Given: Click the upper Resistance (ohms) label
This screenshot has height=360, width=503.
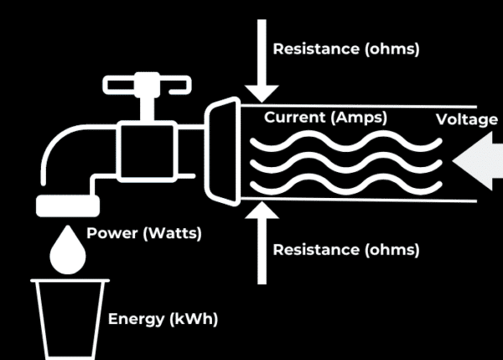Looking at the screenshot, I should click(x=345, y=49).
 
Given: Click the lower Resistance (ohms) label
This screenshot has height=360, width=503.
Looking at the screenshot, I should click(x=345, y=249).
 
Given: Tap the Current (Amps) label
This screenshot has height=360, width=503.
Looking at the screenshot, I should click(x=326, y=117).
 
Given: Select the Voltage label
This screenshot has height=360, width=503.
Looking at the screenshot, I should click(x=467, y=120).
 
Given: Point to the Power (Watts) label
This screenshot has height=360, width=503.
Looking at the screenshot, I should click(x=143, y=233).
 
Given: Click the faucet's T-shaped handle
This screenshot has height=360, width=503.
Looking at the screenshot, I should click(x=145, y=84).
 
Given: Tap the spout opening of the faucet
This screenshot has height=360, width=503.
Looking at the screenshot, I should click(x=68, y=205).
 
